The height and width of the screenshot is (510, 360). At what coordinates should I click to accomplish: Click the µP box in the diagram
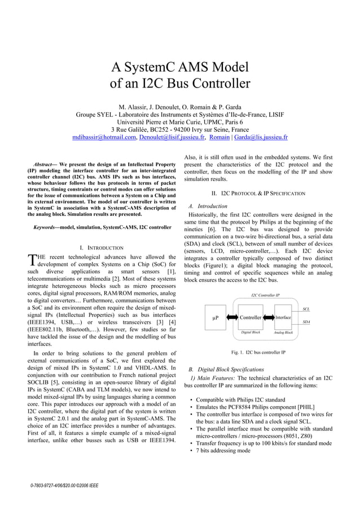coord(215,318)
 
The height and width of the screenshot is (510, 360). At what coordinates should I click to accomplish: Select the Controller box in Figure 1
coord(251,318)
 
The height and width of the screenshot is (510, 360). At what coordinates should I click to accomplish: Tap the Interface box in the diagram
coord(283,317)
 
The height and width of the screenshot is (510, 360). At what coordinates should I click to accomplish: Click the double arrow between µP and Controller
coord(231,318)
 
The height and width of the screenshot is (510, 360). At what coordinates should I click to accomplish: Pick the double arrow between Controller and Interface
coord(269,318)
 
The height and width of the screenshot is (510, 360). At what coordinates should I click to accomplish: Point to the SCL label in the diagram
coord(306,309)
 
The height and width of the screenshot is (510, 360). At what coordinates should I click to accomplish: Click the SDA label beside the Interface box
coord(306,321)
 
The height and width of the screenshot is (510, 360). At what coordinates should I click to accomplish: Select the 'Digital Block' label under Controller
coord(251,333)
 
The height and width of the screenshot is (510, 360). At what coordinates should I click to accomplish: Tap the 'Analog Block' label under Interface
coord(283,333)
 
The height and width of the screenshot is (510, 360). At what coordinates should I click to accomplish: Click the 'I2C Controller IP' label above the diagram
coord(265,295)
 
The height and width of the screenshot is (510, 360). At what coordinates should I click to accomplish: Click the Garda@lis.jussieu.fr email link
coord(261,137)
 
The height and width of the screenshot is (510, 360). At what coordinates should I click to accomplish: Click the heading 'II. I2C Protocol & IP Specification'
coord(258,193)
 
